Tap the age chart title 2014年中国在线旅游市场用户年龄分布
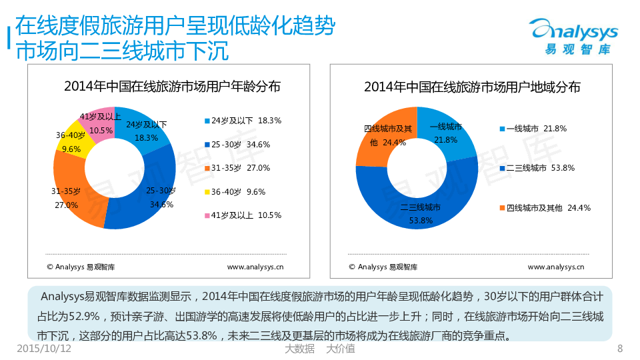[x=172, y=87]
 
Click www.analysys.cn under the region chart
[x=555, y=267]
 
